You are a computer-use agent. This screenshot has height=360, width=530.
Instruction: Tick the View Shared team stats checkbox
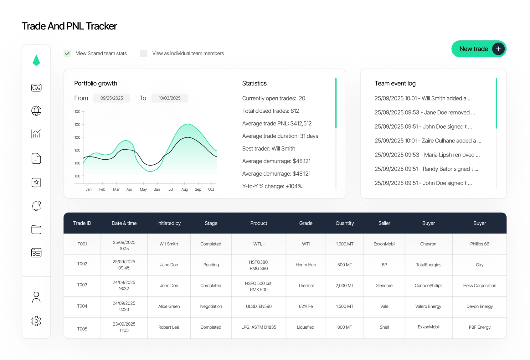point(67,54)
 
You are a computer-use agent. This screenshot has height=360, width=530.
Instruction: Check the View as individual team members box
point(144,54)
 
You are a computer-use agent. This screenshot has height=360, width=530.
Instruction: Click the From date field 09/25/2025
point(112,98)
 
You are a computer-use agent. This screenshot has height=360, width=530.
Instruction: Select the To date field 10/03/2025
point(170,98)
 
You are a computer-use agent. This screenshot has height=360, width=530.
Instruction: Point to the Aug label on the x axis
point(185,189)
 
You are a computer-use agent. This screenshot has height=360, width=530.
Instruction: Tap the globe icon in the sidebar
point(36,111)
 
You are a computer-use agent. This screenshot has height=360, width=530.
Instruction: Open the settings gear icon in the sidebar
point(36,321)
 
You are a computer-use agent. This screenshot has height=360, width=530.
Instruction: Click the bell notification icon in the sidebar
point(36,206)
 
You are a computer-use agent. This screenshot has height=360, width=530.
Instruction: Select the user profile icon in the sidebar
point(36,297)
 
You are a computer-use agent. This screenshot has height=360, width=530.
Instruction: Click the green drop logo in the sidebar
point(36,60)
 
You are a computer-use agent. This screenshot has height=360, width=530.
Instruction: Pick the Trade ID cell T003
point(82,285)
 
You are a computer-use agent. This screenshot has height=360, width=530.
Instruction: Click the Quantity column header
point(345,223)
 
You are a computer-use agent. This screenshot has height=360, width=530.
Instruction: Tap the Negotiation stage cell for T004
point(211,306)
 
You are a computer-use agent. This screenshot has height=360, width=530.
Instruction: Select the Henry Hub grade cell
point(306,265)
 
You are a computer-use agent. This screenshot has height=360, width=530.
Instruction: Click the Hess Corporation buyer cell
point(480,286)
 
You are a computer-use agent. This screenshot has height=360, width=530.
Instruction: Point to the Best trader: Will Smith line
point(269,149)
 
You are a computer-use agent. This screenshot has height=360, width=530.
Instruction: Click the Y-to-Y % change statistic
point(272,186)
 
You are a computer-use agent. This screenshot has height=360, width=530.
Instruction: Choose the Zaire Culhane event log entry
point(428,141)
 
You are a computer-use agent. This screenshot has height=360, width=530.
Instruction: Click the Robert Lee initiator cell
point(169,327)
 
